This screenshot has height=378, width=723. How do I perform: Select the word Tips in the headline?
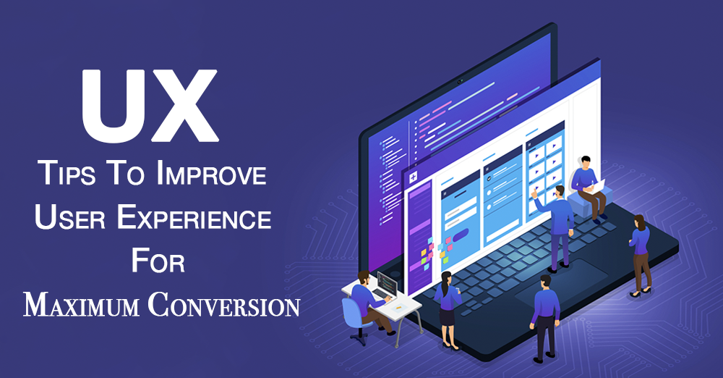tap(68, 173)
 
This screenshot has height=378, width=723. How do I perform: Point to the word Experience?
tap(194, 217)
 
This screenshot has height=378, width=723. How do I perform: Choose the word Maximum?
tap(81, 305)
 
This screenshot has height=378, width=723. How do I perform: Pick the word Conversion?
tap(224, 305)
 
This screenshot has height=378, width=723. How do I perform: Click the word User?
tap(70, 217)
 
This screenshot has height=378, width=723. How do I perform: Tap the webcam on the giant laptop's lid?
tap(460, 82)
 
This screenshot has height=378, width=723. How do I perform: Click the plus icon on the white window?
tap(413, 177)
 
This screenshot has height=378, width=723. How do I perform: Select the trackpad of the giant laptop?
tap(562, 282)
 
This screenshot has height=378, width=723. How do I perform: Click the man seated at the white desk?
tap(369, 301)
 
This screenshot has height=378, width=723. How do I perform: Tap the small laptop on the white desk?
tap(385, 285)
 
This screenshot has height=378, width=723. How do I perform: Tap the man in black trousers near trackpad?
tap(544, 319)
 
